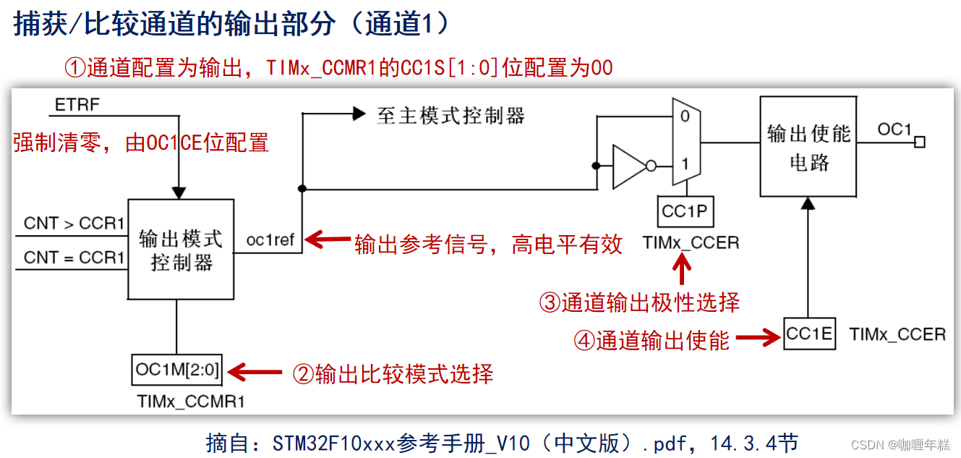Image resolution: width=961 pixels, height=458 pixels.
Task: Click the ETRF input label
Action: tap(77, 106)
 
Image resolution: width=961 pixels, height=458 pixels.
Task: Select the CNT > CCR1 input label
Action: tap(74, 224)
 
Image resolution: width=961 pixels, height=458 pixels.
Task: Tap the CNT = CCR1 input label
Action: tap(74, 258)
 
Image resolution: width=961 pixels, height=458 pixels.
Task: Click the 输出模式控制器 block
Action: tap(181, 250)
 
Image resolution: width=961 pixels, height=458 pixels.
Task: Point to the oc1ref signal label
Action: tap(270, 240)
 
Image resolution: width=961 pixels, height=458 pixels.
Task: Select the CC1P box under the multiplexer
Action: tap(684, 212)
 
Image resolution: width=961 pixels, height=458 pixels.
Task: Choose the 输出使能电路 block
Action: tap(808, 148)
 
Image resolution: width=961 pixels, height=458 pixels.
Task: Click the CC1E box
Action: tap(809, 334)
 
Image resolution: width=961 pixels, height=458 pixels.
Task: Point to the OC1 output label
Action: tap(894, 130)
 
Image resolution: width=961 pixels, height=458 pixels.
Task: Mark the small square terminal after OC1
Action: tap(920, 143)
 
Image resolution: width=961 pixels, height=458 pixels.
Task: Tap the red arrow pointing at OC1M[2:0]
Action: tap(255, 373)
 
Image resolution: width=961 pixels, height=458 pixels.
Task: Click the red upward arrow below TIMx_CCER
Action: tap(682, 271)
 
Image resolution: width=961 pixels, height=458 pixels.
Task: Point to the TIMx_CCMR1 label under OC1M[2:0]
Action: tap(190, 402)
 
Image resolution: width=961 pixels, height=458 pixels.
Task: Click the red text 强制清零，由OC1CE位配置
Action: tap(141, 143)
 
